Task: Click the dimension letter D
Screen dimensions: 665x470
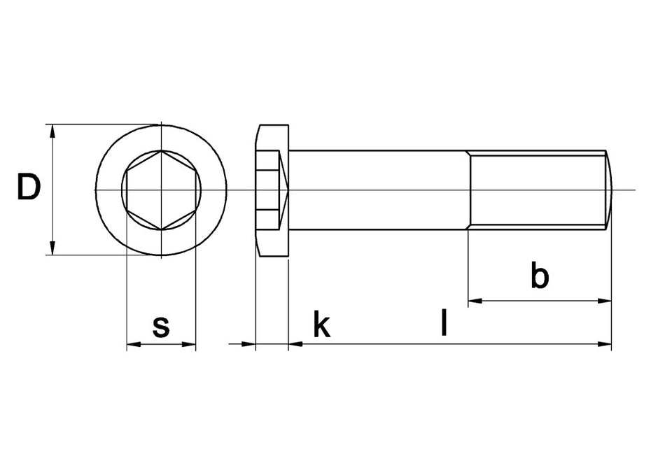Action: point(29,187)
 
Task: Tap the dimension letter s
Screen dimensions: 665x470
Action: point(161,327)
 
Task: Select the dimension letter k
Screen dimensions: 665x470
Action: point(321,324)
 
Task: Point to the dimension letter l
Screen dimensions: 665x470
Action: point(444,322)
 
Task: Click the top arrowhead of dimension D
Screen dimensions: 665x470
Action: point(52,131)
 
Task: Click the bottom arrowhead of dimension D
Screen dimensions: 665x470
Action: point(52,248)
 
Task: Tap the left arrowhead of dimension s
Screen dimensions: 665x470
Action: point(134,344)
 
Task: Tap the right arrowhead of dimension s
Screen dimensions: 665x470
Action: point(189,344)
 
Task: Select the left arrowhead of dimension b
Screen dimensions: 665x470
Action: point(475,301)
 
